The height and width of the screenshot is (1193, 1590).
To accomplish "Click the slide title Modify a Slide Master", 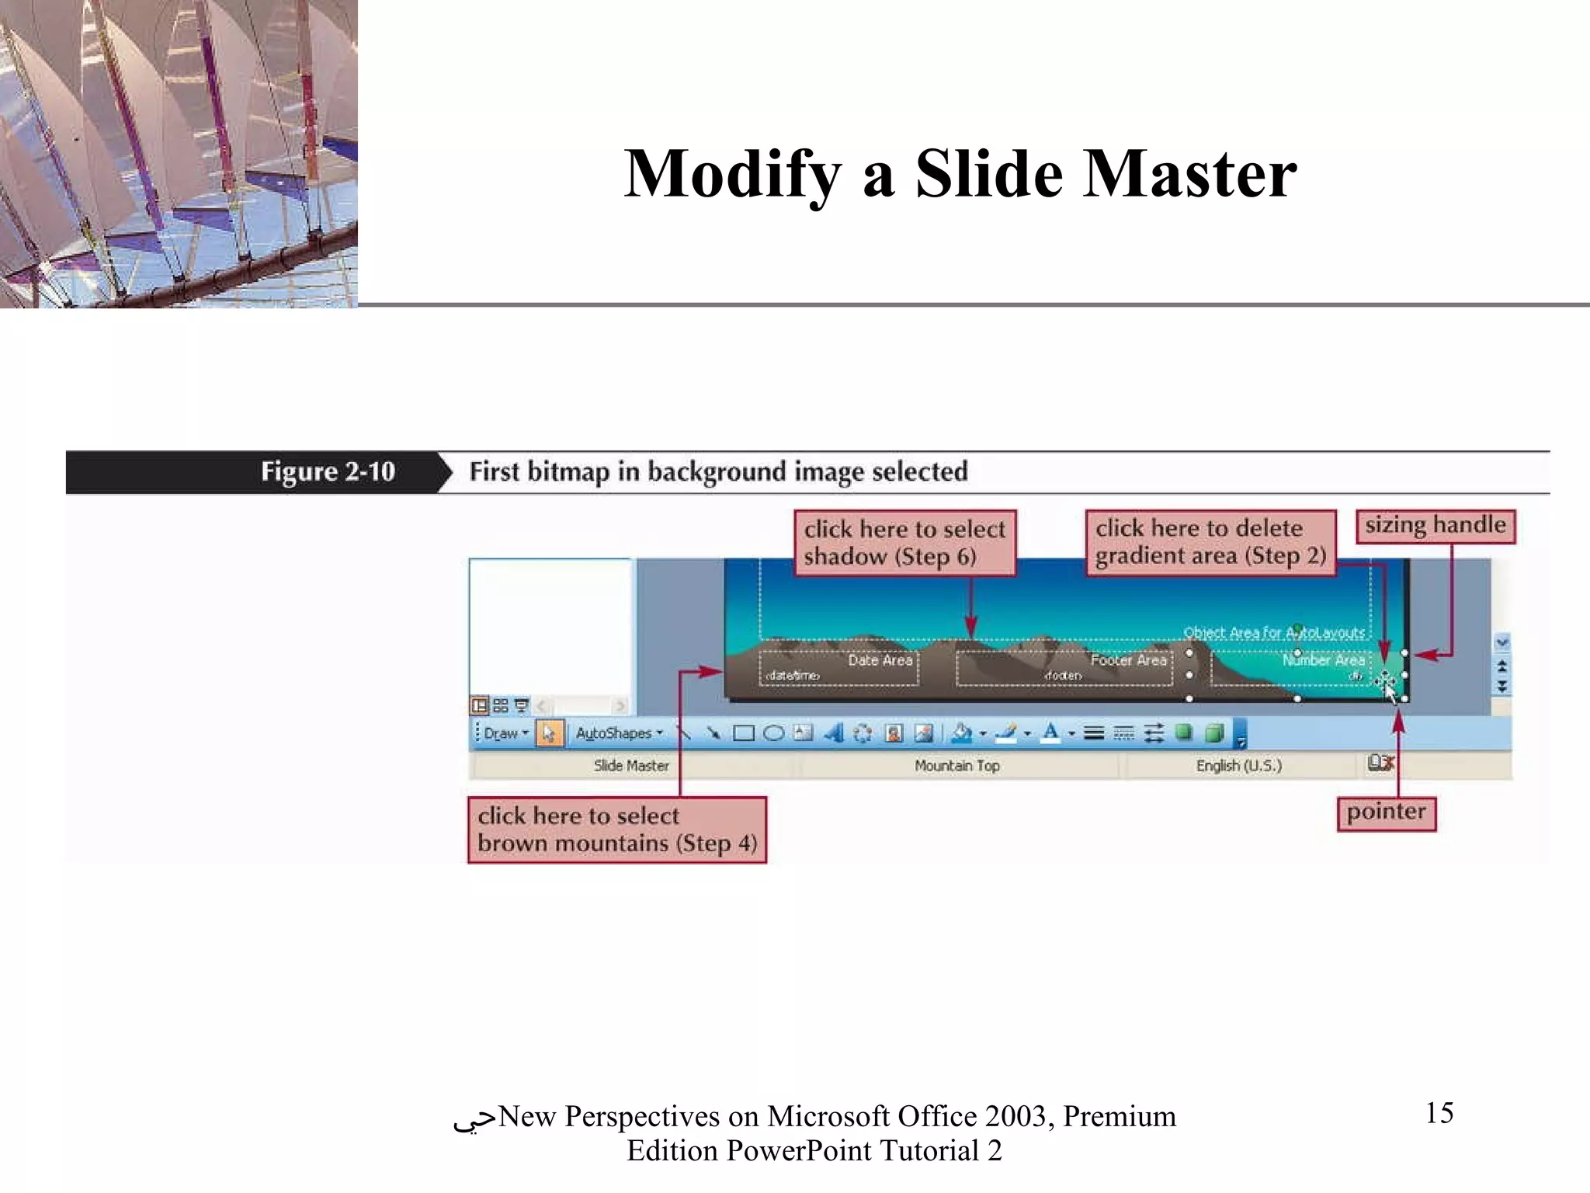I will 960,174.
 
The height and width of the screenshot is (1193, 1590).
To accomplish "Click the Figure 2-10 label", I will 327,471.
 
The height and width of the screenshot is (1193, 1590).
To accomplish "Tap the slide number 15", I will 1439,1113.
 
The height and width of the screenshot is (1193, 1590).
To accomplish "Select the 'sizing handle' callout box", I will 1435,526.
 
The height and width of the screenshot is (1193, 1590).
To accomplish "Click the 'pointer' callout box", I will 1386,812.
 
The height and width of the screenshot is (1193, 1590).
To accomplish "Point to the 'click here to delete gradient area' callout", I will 1210,542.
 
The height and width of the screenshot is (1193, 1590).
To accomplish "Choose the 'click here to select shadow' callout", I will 904,543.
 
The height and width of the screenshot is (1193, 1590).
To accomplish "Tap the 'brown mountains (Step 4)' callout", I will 616,830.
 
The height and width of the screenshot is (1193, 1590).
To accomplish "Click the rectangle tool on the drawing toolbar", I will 743,733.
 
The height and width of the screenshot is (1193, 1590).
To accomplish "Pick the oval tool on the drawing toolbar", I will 773,733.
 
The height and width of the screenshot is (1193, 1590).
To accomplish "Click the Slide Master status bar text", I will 631,766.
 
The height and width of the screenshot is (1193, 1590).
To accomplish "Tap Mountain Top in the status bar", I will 956,766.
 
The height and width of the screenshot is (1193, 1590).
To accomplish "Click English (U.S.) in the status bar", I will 1238,766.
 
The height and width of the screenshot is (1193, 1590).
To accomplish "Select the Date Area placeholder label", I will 880,660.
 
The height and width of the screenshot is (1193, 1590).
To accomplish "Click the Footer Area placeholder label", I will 1128,660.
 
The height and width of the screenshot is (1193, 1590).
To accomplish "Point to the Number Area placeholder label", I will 1323,660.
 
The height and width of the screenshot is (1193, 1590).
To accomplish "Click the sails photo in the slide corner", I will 179,153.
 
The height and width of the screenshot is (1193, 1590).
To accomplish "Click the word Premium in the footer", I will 1119,1116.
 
